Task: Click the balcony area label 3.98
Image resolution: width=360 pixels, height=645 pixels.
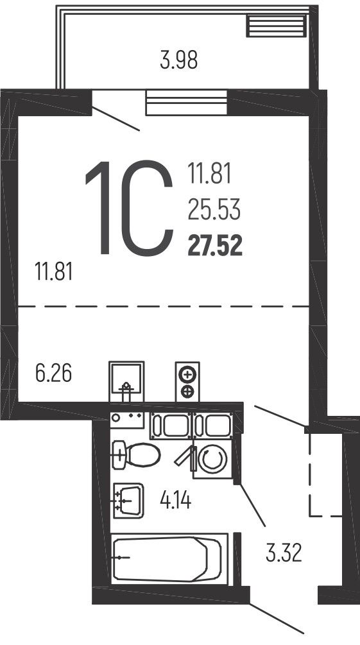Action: tap(178, 60)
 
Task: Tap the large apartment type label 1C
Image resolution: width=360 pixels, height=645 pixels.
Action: tap(128, 208)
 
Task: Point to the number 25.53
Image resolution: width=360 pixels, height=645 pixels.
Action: tap(214, 209)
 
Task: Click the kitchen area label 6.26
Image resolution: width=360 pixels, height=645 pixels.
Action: tap(53, 374)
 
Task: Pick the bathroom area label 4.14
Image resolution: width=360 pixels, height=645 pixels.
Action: tap(176, 501)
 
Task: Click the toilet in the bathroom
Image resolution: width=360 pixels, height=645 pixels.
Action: tap(136, 455)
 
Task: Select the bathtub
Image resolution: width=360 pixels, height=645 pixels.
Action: tap(169, 557)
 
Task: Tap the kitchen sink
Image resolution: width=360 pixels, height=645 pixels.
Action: tap(126, 381)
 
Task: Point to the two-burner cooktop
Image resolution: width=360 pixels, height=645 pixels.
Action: tap(187, 381)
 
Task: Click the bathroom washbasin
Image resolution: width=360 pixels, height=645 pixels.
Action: tap(128, 500)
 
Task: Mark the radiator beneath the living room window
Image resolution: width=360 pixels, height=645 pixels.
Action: tap(187, 103)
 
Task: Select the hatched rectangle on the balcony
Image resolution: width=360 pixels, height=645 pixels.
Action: tap(277, 26)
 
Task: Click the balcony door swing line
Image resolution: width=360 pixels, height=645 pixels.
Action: tap(116, 119)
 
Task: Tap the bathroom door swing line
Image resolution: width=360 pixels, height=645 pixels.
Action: tap(253, 504)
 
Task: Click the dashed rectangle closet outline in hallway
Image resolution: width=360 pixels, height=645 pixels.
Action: tap(326, 473)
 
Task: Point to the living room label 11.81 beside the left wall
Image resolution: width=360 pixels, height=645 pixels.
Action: tap(54, 272)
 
